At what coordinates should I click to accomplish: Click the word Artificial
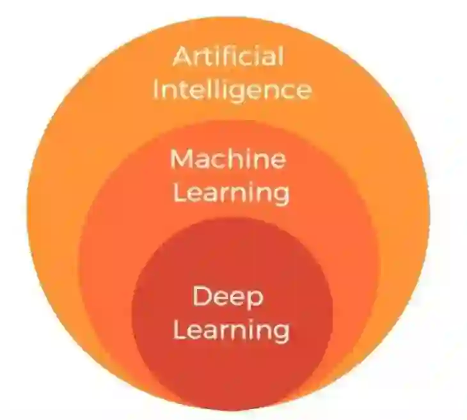[228, 57]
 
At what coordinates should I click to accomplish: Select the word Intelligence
[232, 89]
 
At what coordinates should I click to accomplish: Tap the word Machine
[228, 159]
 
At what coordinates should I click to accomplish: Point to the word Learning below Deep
[232, 331]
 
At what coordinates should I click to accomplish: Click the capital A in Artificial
[183, 58]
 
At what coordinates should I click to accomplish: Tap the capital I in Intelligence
[155, 89]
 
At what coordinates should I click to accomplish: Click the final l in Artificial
[280, 56]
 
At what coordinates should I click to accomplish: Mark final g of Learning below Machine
[280, 195]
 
